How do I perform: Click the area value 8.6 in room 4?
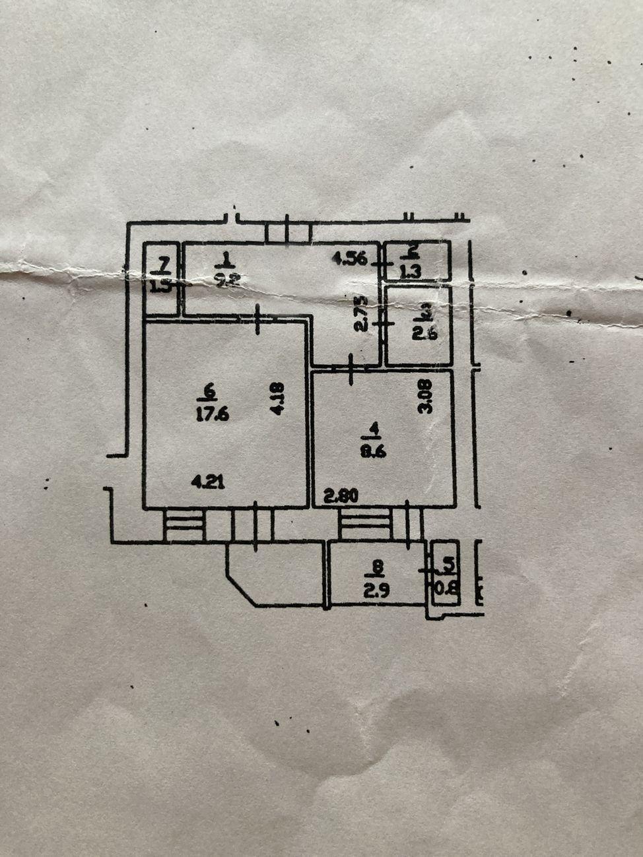374,452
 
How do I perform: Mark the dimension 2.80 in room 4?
341,495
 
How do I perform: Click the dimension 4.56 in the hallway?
349,259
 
